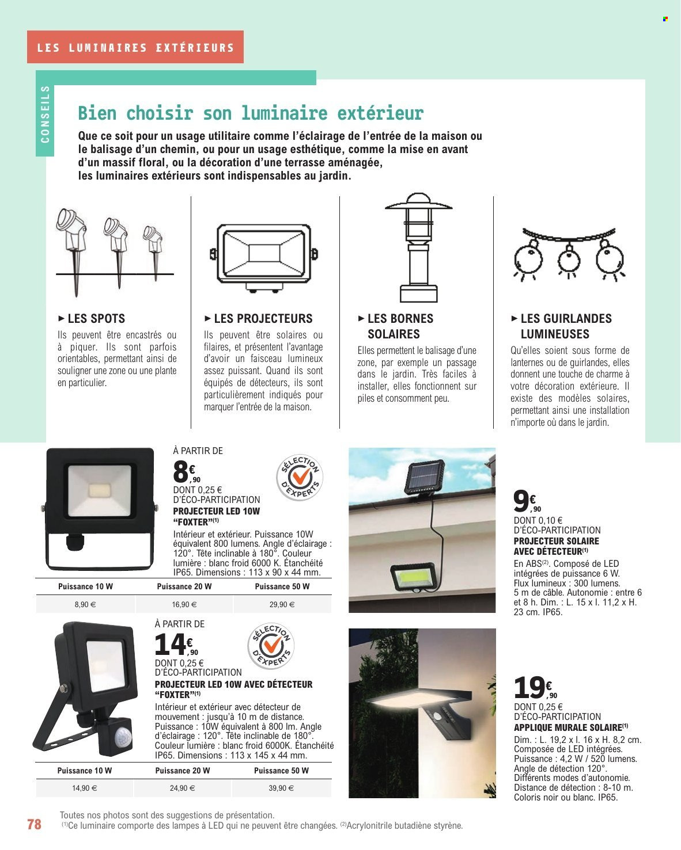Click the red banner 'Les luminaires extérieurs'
135,47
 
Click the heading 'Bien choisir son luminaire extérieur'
251,113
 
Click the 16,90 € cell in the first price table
184,605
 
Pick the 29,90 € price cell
282,605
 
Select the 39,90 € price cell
281,788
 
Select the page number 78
35,824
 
